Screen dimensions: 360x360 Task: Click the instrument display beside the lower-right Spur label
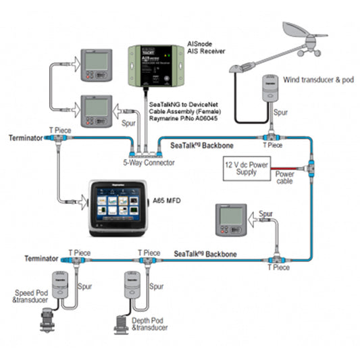click(x=230, y=218)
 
